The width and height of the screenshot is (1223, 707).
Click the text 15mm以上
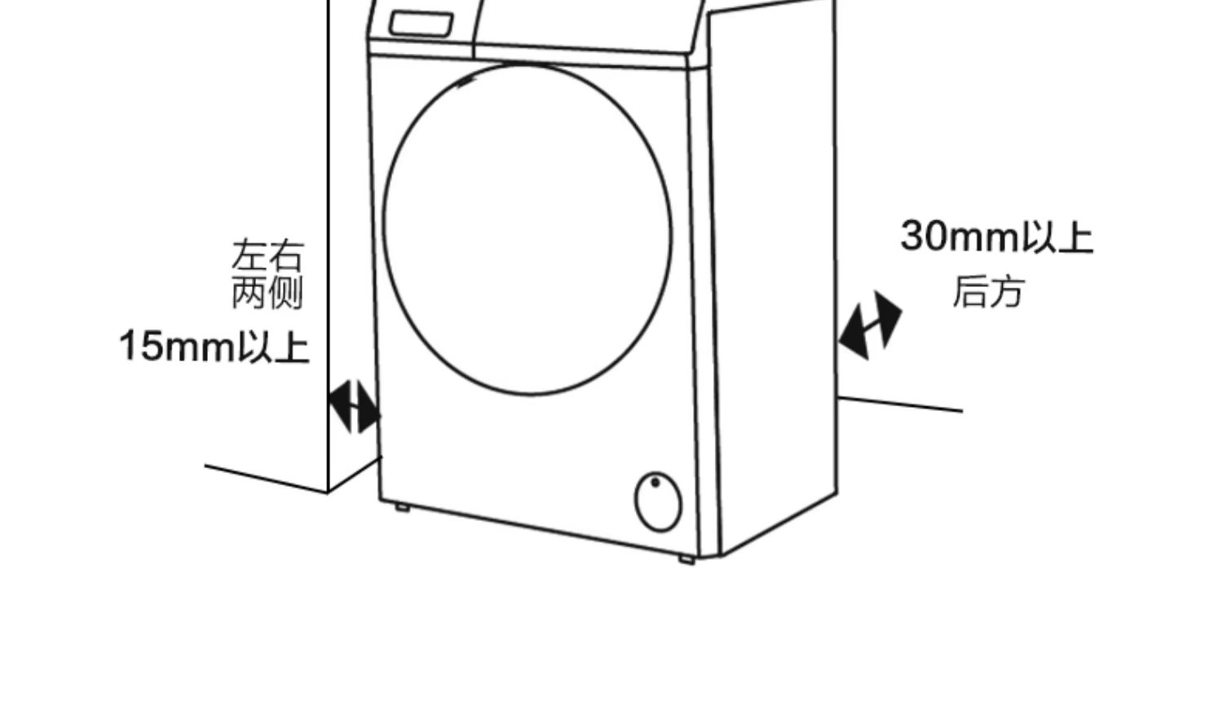pos(214,347)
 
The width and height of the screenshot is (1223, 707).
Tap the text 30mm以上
pos(996,236)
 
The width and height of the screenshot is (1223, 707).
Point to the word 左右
pos(267,255)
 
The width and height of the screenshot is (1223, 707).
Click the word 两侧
pos(267,293)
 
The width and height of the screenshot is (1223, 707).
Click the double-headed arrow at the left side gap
pos(354,405)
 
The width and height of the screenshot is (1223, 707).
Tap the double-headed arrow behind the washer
pos(870,325)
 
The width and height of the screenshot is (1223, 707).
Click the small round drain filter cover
pos(658,502)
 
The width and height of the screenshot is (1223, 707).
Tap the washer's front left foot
pos(402,507)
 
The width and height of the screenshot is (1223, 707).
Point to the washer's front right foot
pos(686,559)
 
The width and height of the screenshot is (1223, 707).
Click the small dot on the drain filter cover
pos(656,483)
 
